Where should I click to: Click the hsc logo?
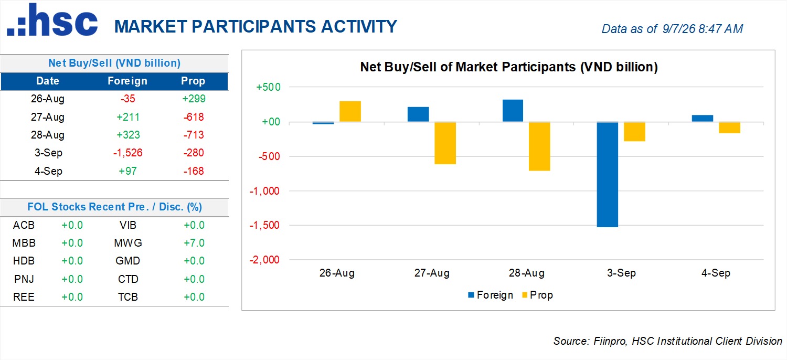click(52, 20)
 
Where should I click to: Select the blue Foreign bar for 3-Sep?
click(608, 174)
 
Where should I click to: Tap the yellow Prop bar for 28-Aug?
click(539, 146)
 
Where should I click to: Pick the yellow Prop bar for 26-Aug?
click(350, 111)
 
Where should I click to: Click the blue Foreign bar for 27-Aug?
click(418, 114)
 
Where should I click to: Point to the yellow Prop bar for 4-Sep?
click(729, 128)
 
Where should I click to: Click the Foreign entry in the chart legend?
click(491, 295)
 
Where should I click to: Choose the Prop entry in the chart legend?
click(538, 295)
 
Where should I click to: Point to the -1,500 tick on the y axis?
click(264, 225)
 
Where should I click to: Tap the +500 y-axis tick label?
click(268, 87)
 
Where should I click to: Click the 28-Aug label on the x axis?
click(527, 273)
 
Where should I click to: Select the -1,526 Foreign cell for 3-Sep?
click(128, 153)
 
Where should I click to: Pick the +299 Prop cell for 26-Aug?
click(194, 99)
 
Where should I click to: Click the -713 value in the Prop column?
click(194, 135)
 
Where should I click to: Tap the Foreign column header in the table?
click(127, 81)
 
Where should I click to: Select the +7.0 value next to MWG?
click(194, 243)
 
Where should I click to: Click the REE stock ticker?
click(24, 297)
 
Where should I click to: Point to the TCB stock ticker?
click(128, 297)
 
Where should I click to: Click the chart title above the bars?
click(509, 67)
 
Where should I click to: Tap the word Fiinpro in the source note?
click(610, 341)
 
